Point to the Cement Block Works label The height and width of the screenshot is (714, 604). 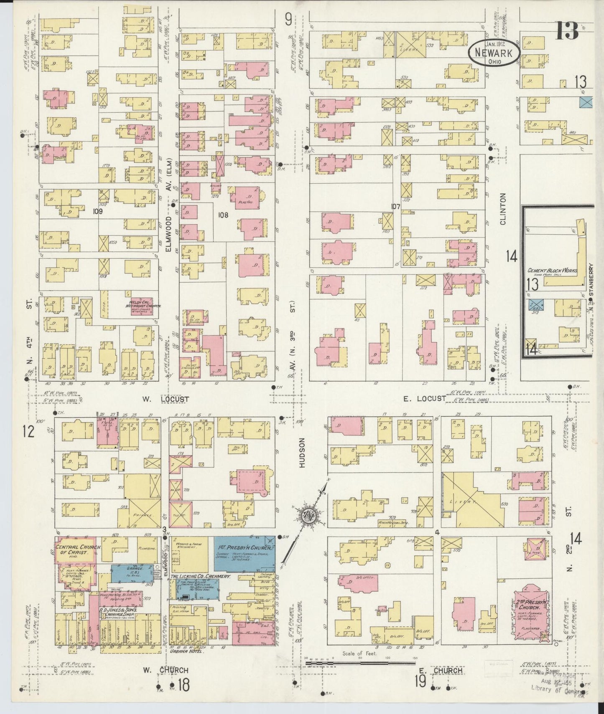tap(552, 271)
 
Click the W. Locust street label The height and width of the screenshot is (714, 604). tap(165, 399)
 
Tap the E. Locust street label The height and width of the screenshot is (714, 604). tap(424, 399)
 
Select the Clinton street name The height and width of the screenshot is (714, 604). tap(502, 209)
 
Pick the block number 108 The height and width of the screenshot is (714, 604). tap(223, 215)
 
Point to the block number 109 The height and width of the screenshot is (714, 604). tap(98, 211)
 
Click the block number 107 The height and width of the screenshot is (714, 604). tap(395, 206)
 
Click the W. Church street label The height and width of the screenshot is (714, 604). tap(166, 671)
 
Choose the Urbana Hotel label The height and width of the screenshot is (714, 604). tap(189, 651)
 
